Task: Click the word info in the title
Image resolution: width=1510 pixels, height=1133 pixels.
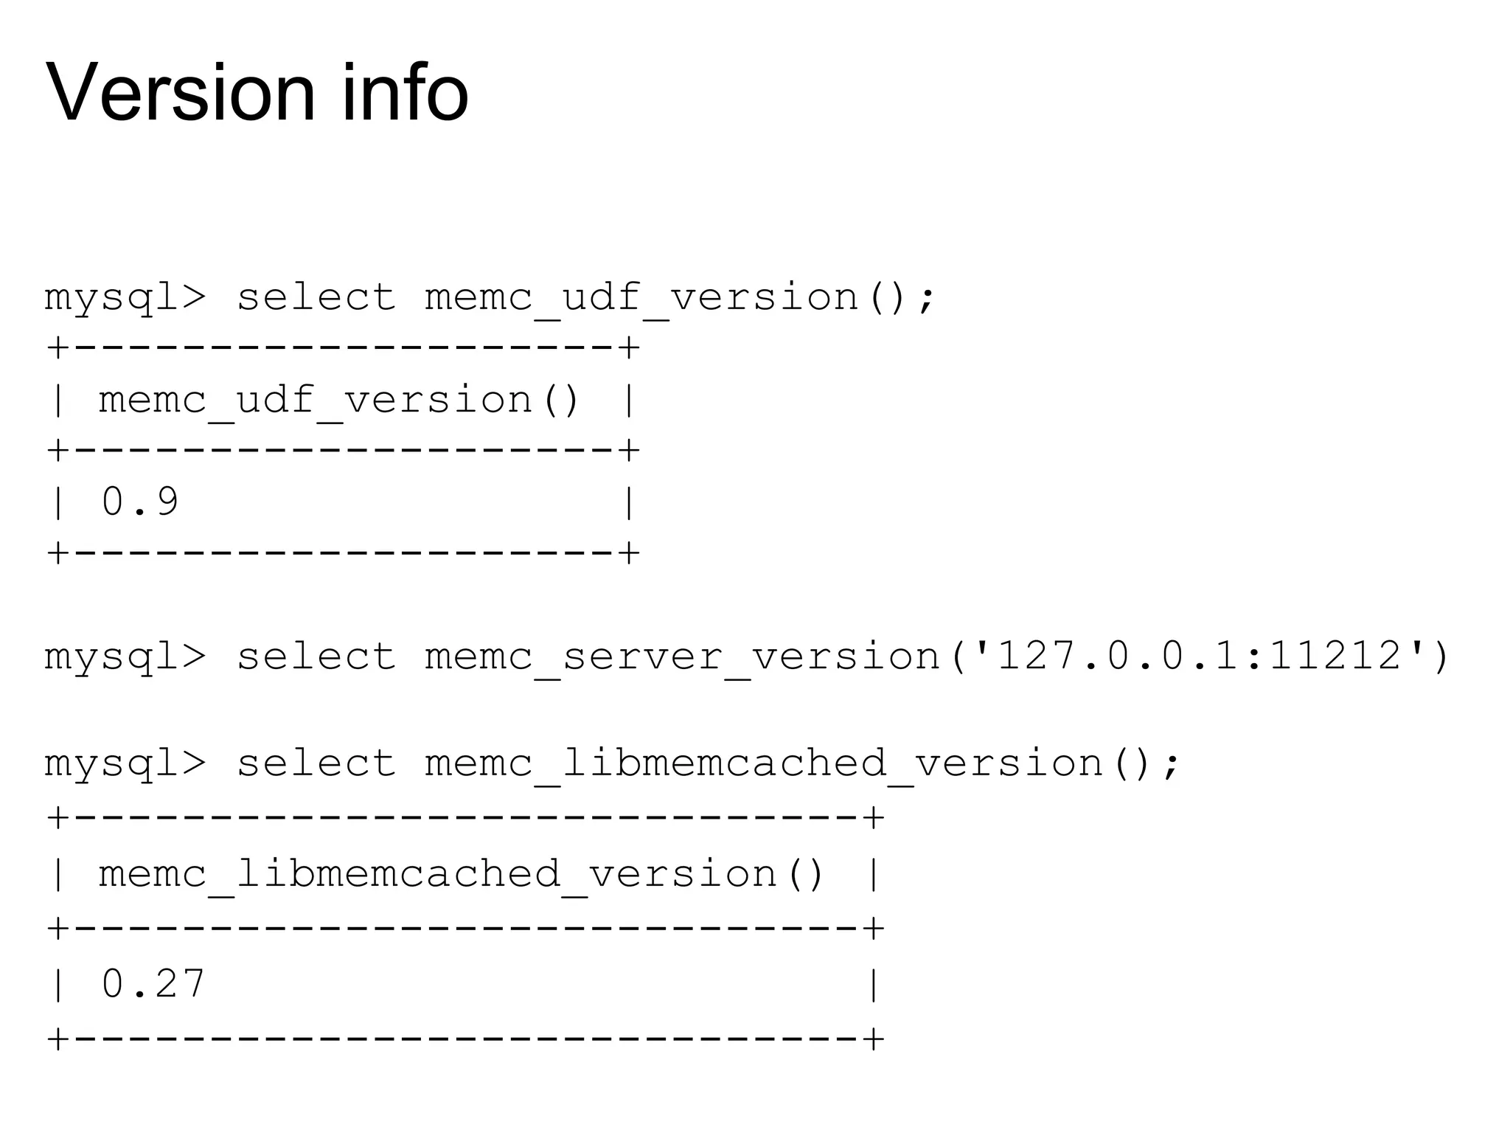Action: tap(405, 94)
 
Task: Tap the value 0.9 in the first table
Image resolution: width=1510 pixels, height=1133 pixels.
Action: tap(140, 502)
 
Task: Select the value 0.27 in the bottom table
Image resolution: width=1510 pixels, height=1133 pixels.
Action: tap(153, 984)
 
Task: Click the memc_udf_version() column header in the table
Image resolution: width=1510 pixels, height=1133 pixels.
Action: tap(340, 401)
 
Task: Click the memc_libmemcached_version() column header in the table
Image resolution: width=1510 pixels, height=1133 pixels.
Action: tap(462, 875)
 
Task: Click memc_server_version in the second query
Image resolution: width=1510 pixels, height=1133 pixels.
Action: tap(683, 656)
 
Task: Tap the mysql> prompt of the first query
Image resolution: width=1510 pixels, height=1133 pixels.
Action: tap(125, 298)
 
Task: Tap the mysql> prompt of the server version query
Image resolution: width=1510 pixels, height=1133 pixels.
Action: tap(125, 657)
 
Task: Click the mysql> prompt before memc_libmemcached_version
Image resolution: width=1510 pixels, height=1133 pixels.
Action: tap(125, 764)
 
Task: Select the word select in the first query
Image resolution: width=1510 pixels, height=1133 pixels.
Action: tap(316, 297)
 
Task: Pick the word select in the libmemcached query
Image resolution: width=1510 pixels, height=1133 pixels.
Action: tap(316, 763)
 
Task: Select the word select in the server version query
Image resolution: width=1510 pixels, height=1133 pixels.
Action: tap(316, 656)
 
